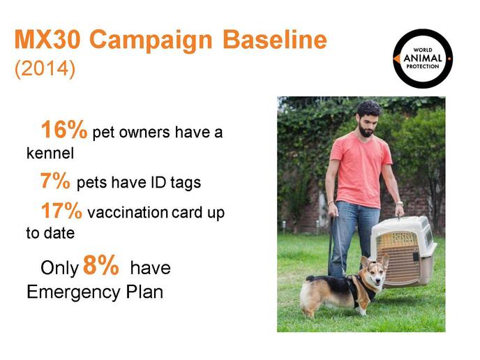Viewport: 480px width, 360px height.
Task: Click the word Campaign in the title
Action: tap(151, 40)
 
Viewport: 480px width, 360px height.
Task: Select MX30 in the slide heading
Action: tap(47, 39)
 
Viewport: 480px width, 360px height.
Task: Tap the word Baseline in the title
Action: tap(275, 39)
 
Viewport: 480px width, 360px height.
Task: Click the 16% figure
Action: tap(64, 130)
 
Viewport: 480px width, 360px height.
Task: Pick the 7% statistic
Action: tap(55, 181)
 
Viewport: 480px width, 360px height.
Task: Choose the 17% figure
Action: tap(61, 210)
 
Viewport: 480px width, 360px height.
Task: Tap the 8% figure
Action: tap(100, 265)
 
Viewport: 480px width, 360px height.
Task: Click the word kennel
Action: tap(50, 153)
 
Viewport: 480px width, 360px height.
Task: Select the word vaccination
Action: tap(128, 213)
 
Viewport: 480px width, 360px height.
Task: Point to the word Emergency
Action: tap(73, 292)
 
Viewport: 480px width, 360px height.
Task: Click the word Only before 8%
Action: tap(60, 268)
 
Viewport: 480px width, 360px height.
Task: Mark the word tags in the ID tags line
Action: tap(186, 183)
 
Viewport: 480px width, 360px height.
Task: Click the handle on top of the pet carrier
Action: tap(399, 218)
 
